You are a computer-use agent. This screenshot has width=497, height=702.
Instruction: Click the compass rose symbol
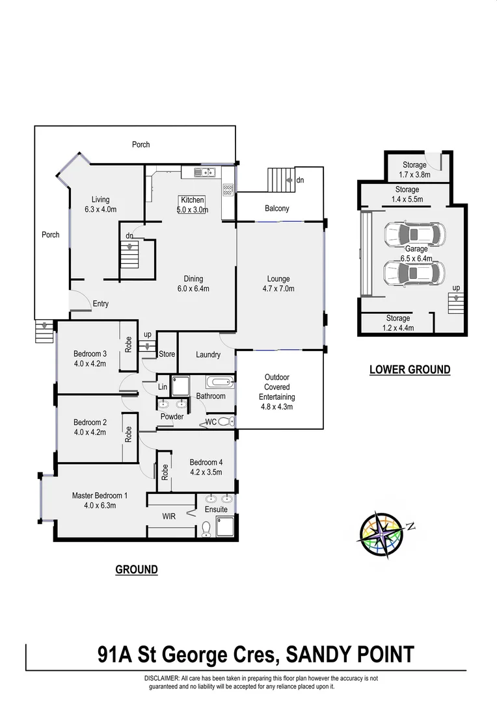click(381, 536)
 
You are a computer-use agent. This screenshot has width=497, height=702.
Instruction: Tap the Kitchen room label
click(193, 200)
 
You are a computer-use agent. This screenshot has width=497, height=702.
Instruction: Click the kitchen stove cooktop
click(228, 190)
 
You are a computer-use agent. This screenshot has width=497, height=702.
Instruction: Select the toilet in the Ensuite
click(206, 531)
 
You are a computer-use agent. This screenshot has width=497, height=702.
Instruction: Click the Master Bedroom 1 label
click(100, 495)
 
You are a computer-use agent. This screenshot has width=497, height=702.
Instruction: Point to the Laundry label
click(208, 355)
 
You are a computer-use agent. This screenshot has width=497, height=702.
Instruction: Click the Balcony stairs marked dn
click(281, 179)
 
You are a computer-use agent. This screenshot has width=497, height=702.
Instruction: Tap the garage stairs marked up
click(457, 302)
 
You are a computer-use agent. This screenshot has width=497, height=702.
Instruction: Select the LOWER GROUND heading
click(409, 370)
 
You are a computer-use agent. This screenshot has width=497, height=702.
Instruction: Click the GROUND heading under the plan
click(137, 569)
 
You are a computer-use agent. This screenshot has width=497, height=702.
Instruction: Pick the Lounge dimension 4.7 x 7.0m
click(278, 289)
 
